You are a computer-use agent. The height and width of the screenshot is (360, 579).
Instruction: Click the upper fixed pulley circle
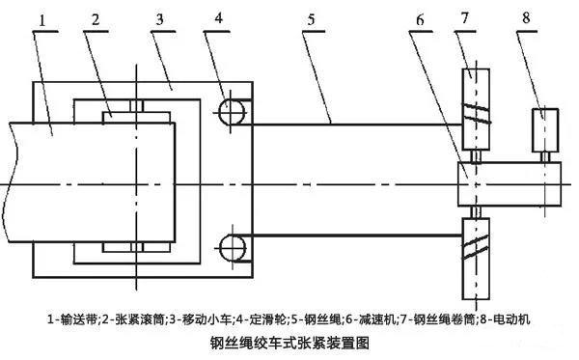coord(231,114)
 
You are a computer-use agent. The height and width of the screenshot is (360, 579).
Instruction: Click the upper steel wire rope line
coord(347,125)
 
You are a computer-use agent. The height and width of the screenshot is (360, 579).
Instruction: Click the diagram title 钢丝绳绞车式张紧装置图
coord(289,343)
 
